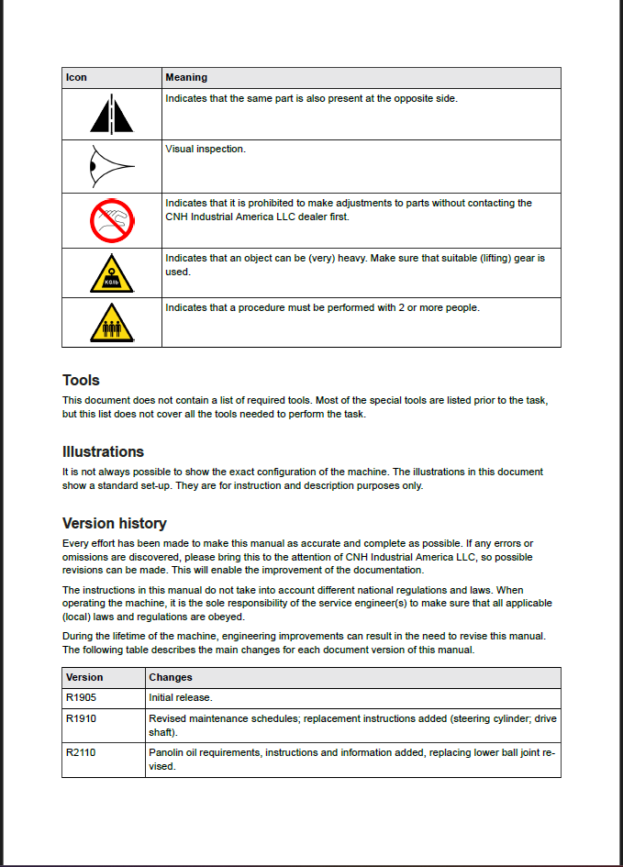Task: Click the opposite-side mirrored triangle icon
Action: click(112, 115)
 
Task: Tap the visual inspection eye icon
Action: click(111, 167)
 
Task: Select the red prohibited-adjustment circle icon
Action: click(112, 220)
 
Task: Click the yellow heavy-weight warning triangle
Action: click(112, 273)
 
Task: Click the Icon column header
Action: click(76, 78)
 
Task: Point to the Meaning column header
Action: click(186, 78)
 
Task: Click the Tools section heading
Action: click(81, 380)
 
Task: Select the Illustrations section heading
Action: click(103, 451)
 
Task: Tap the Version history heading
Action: click(114, 523)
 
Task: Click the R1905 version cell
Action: click(81, 698)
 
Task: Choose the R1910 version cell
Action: click(81, 718)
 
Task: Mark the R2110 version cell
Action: click(81, 753)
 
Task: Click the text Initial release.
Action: click(181, 698)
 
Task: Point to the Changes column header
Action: click(171, 678)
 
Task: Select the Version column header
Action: click(84, 678)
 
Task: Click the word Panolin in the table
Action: click(167, 753)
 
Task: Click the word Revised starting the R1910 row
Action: click(168, 718)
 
